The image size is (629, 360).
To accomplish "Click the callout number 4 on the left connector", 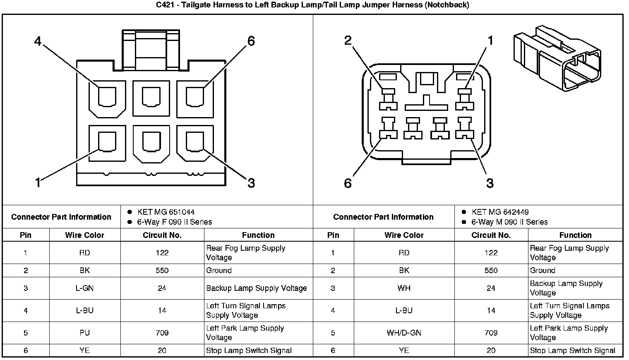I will (x=38, y=41).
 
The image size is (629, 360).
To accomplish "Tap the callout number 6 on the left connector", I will (x=251, y=41).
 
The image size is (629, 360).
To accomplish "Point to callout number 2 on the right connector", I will (x=348, y=40).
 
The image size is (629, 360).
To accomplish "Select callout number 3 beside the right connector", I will (x=490, y=183).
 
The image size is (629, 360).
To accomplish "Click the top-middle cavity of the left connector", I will (x=151, y=97).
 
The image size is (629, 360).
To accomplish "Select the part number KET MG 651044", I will (x=166, y=212).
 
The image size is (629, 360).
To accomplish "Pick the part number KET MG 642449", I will (x=500, y=212).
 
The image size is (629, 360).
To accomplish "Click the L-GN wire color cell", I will (x=84, y=288).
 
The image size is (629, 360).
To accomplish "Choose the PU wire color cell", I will (x=84, y=333).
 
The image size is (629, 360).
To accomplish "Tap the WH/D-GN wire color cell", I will (x=404, y=333).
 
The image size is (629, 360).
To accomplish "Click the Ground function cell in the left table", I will (x=219, y=271).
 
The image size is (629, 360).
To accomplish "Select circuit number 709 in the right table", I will (x=491, y=333).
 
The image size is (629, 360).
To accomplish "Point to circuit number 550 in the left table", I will (x=162, y=271).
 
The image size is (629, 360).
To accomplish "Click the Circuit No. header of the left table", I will (x=162, y=235).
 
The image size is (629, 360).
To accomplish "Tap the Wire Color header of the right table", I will (x=404, y=235).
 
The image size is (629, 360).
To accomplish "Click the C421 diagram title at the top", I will (x=312, y=5).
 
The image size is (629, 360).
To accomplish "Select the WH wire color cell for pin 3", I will (x=404, y=288).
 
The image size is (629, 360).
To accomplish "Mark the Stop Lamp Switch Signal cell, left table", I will (x=249, y=350).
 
